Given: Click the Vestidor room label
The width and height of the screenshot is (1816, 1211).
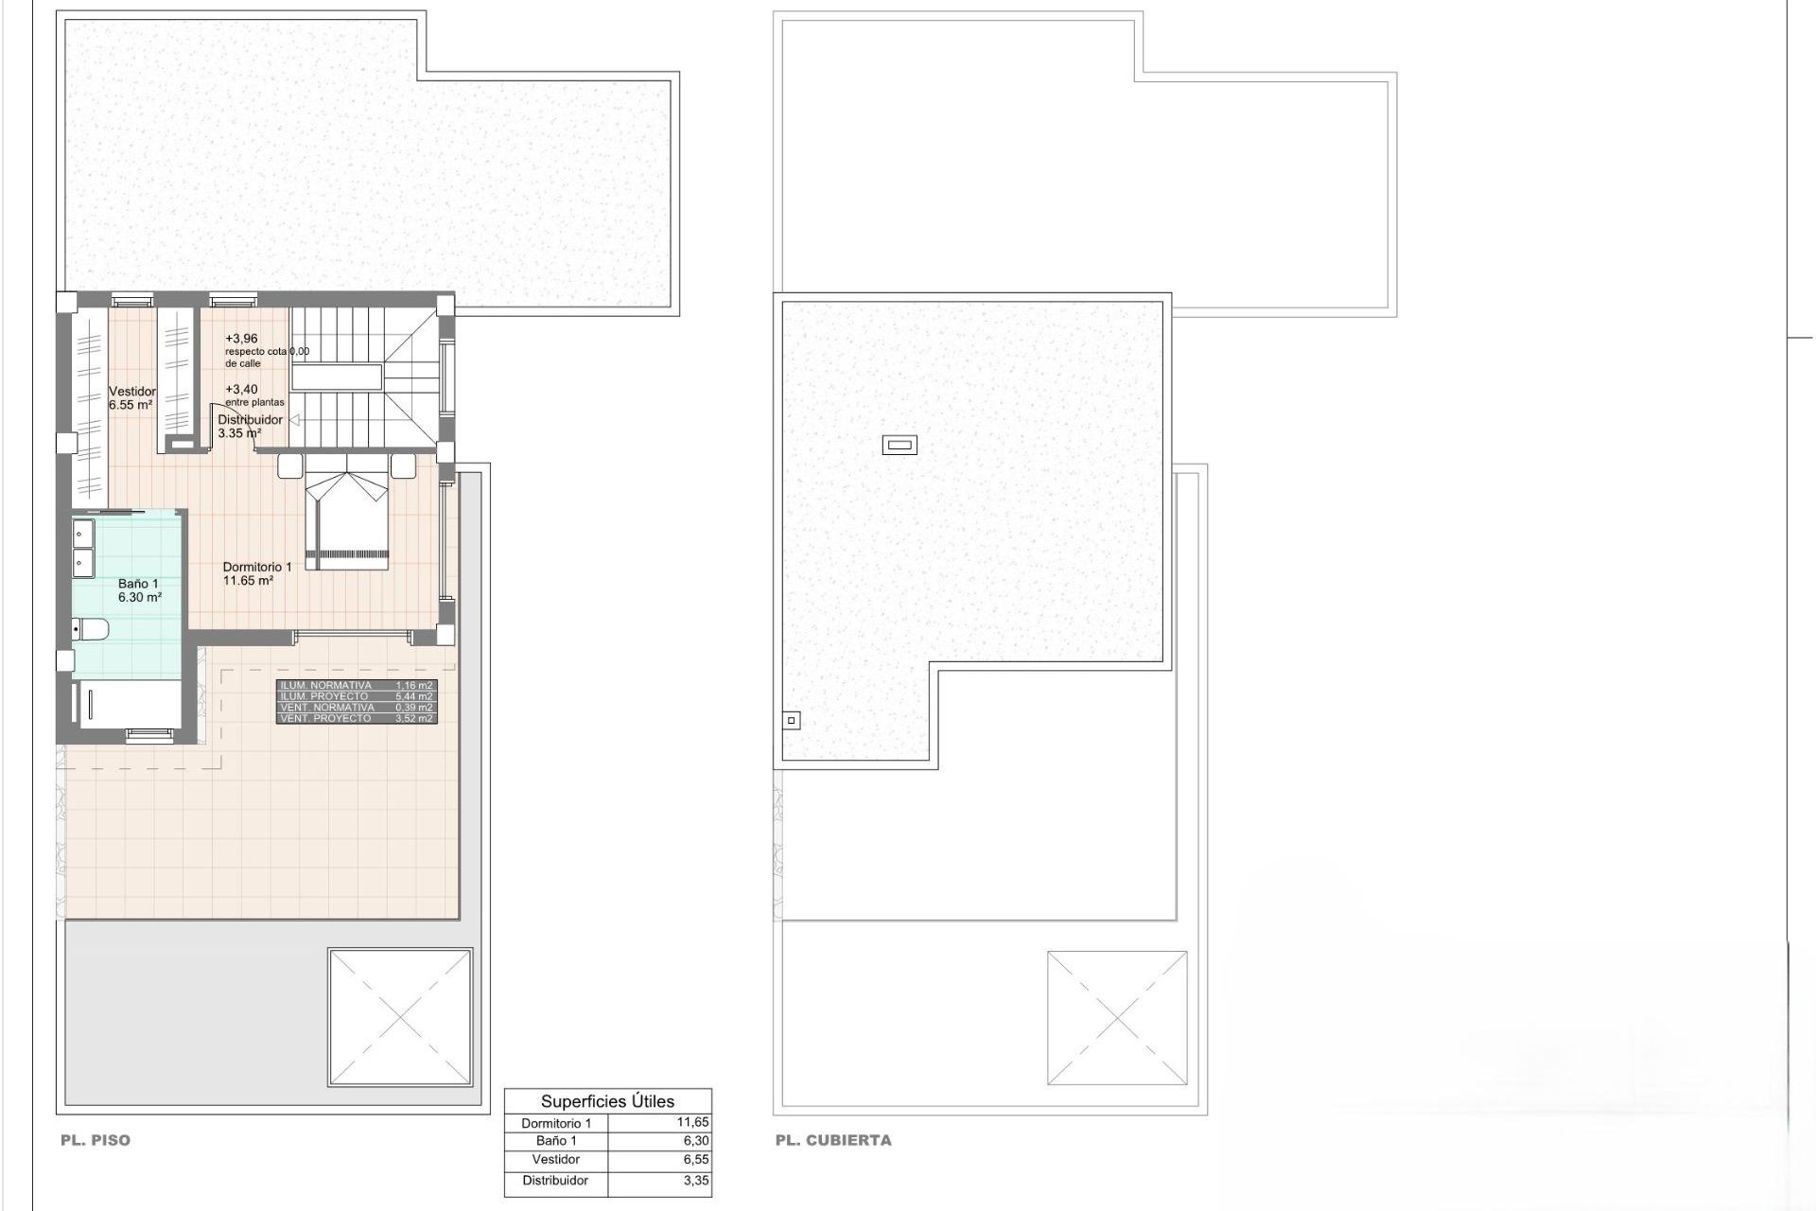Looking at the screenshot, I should tap(131, 392).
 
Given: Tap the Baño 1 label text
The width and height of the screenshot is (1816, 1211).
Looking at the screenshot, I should tap(138, 584).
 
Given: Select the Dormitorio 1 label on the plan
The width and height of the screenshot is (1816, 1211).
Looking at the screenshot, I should tap(257, 567).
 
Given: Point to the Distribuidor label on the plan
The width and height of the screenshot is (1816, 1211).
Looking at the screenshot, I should tap(250, 420).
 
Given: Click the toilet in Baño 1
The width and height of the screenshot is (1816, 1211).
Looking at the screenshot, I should tap(93, 628).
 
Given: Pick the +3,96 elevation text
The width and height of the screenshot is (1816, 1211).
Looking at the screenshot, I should tap(241, 339).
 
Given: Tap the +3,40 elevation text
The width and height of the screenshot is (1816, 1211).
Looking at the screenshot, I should tap(241, 389).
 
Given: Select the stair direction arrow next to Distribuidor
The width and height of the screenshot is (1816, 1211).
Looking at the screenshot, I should tap(293, 420).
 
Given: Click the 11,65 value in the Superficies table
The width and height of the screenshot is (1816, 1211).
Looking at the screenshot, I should tap(693, 1122).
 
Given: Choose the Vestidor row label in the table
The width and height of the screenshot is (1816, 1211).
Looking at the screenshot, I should tap(556, 1159).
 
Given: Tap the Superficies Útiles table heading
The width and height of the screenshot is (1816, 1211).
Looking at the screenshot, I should tap(607, 1101).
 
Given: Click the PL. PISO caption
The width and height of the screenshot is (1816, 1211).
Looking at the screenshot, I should tap(96, 1140).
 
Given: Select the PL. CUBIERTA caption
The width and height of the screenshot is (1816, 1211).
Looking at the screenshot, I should tap(833, 1140).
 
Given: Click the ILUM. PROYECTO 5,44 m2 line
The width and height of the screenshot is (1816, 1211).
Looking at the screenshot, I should tap(357, 696).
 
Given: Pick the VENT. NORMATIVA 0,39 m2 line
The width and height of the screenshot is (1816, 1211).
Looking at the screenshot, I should tap(357, 708).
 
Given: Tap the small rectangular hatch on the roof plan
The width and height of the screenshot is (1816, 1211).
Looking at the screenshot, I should tap(899, 444).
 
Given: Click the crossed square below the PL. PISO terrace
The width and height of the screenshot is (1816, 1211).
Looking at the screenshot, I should tap(400, 1017).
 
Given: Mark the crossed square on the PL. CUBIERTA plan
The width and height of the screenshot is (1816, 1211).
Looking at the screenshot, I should tap(1117, 1018).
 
